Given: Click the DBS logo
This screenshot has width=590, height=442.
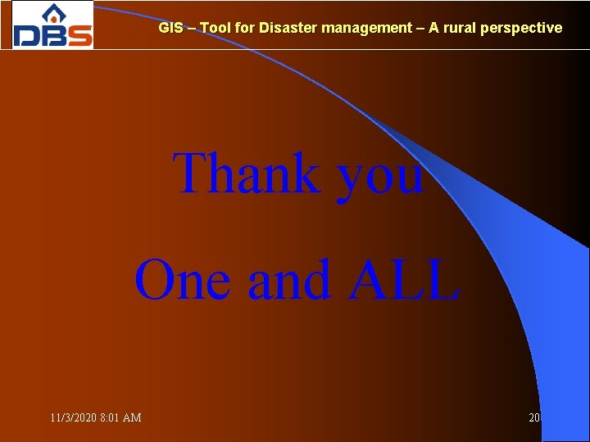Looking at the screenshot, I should [x=52, y=25].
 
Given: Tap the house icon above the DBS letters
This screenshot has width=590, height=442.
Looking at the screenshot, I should [x=53, y=13].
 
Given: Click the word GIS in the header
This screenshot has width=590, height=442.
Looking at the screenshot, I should [x=170, y=28].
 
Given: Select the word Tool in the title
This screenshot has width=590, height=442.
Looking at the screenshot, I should [x=216, y=28].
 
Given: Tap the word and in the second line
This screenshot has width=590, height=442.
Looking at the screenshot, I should [x=288, y=280].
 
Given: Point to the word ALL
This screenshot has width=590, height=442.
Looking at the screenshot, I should [x=403, y=280].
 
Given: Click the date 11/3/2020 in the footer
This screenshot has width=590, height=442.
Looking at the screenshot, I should [x=73, y=417].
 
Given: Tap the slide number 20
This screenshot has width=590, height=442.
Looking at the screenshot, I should [x=534, y=417].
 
